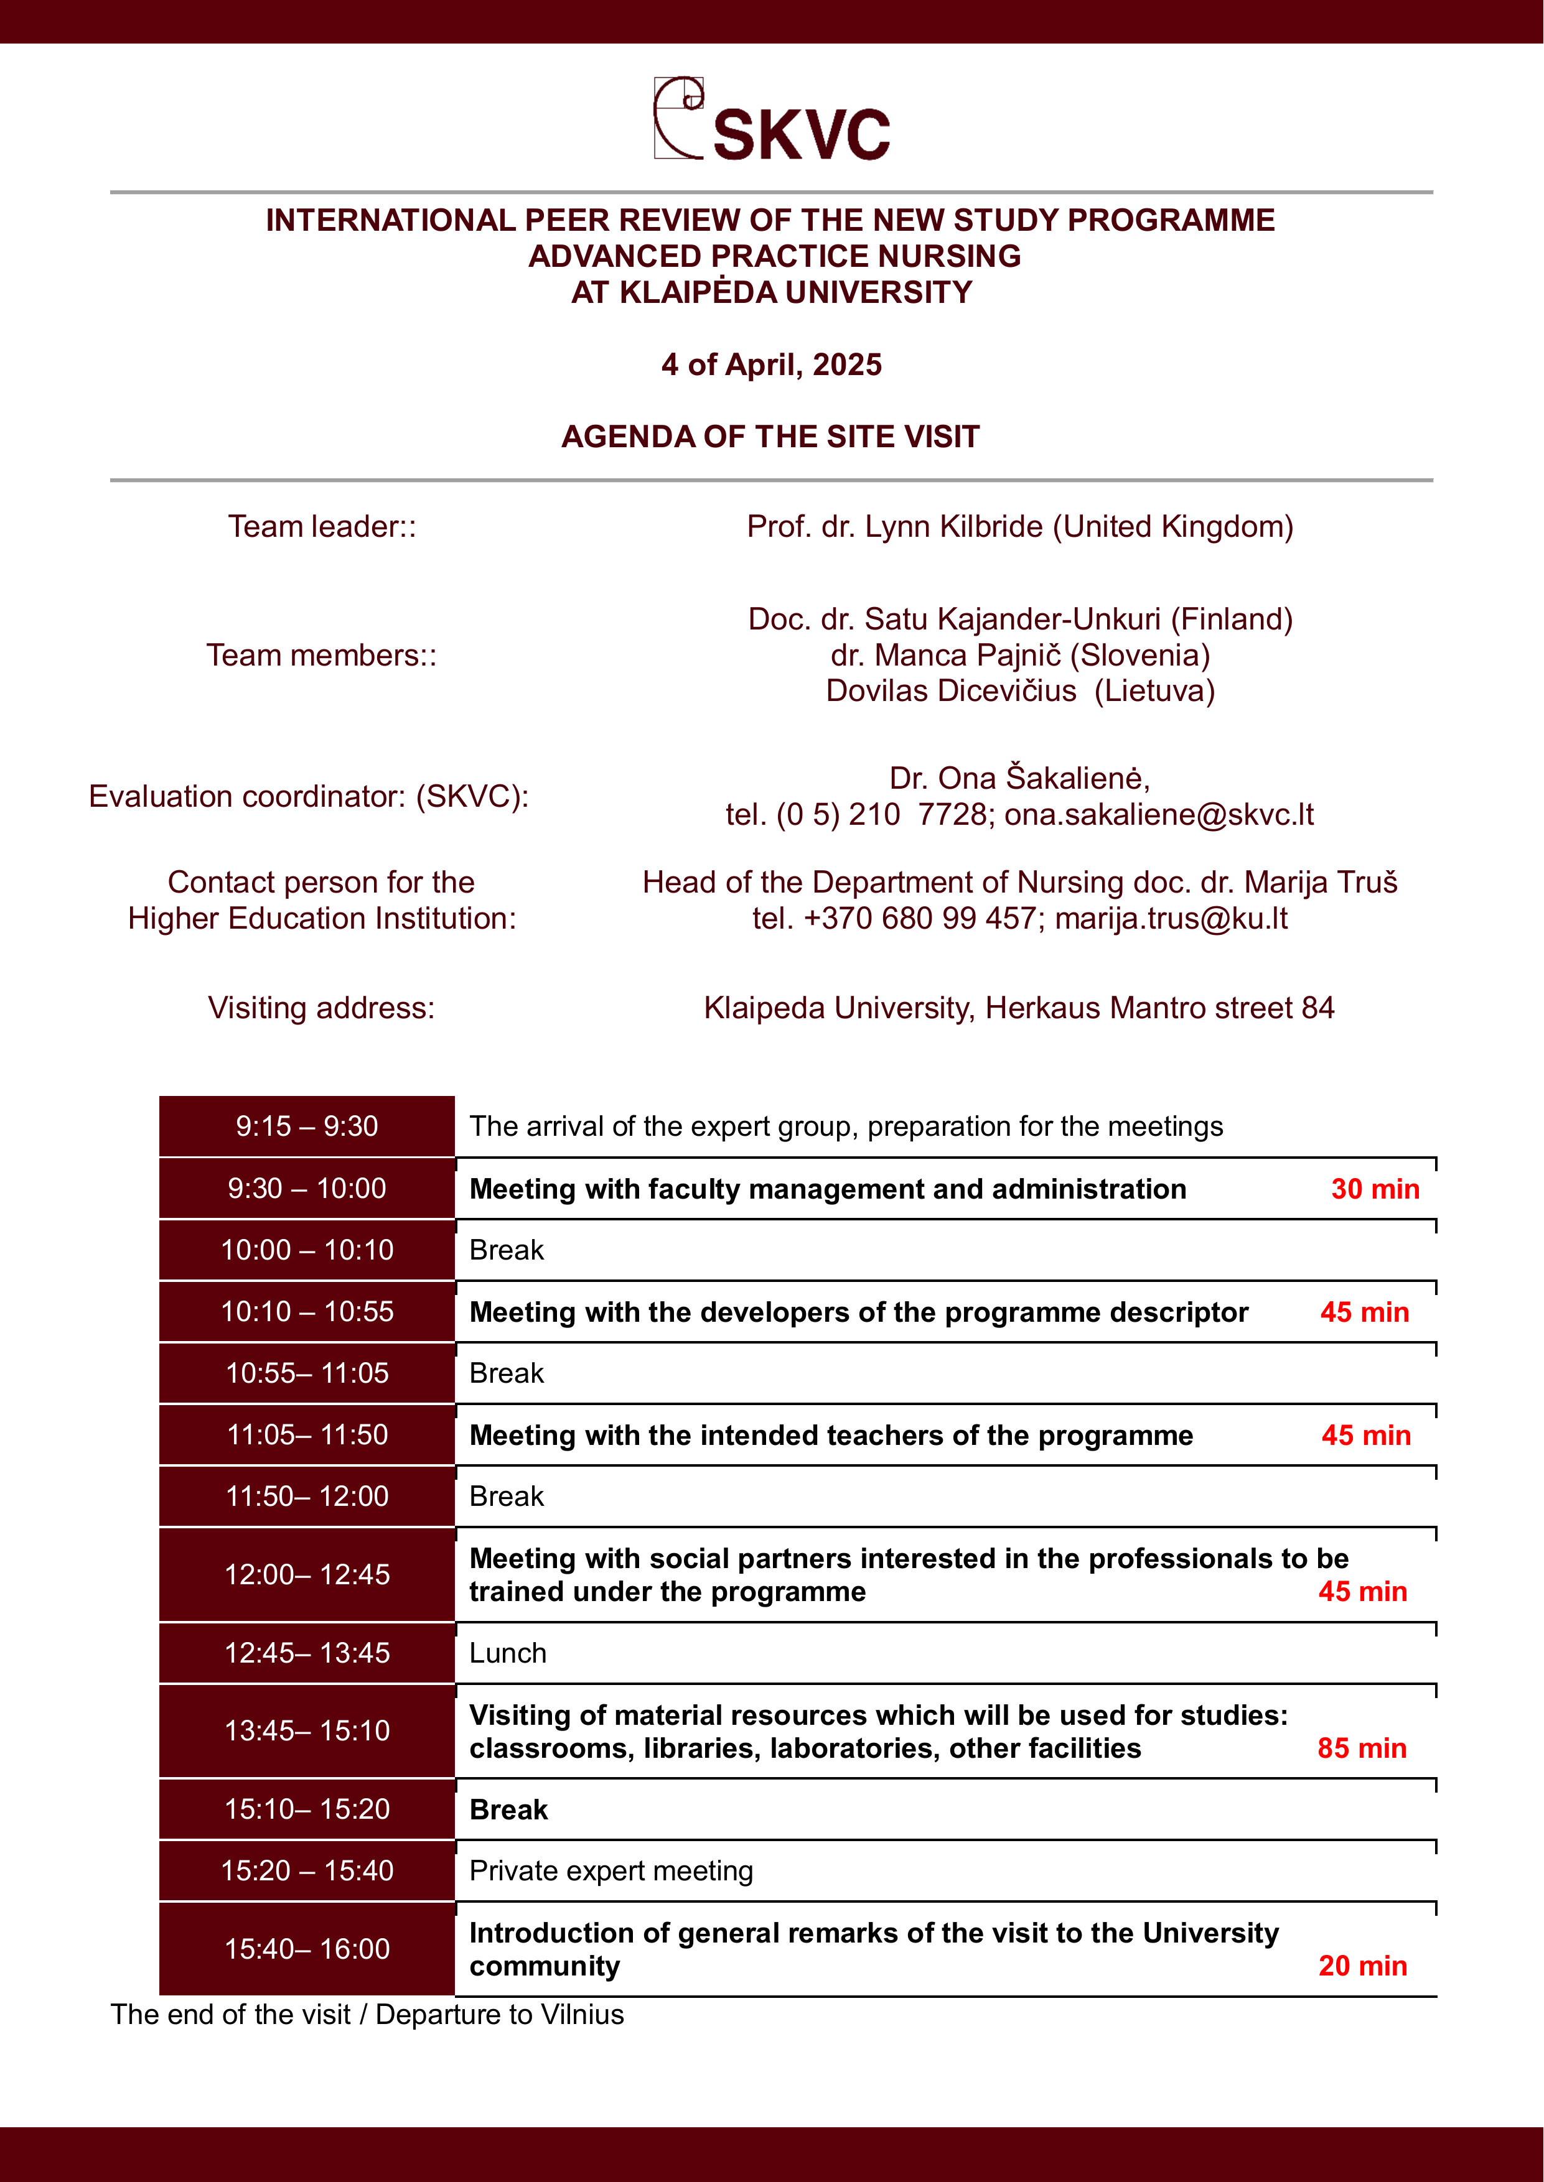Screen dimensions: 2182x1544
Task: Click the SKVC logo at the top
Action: tap(772, 120)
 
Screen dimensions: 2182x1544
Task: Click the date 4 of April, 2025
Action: tap(771, 365)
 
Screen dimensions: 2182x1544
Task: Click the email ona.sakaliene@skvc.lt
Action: tap(1159, 814)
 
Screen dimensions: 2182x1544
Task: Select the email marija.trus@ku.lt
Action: tap(1171, 919)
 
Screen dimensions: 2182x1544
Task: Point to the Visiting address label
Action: tap(321, 1008)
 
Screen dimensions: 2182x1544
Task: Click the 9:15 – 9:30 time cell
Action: tap(307, 1127)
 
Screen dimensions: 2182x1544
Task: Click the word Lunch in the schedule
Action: tap(508, 1654)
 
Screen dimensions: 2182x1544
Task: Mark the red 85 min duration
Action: tap(1362, 1748)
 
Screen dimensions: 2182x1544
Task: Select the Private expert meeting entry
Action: tap(611, 1871)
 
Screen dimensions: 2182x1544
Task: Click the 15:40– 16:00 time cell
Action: tap(307, 1949)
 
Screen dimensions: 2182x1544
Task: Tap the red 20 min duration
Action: tap(1362, 1966)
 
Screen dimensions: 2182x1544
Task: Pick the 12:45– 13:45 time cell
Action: tap(307, 1654)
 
